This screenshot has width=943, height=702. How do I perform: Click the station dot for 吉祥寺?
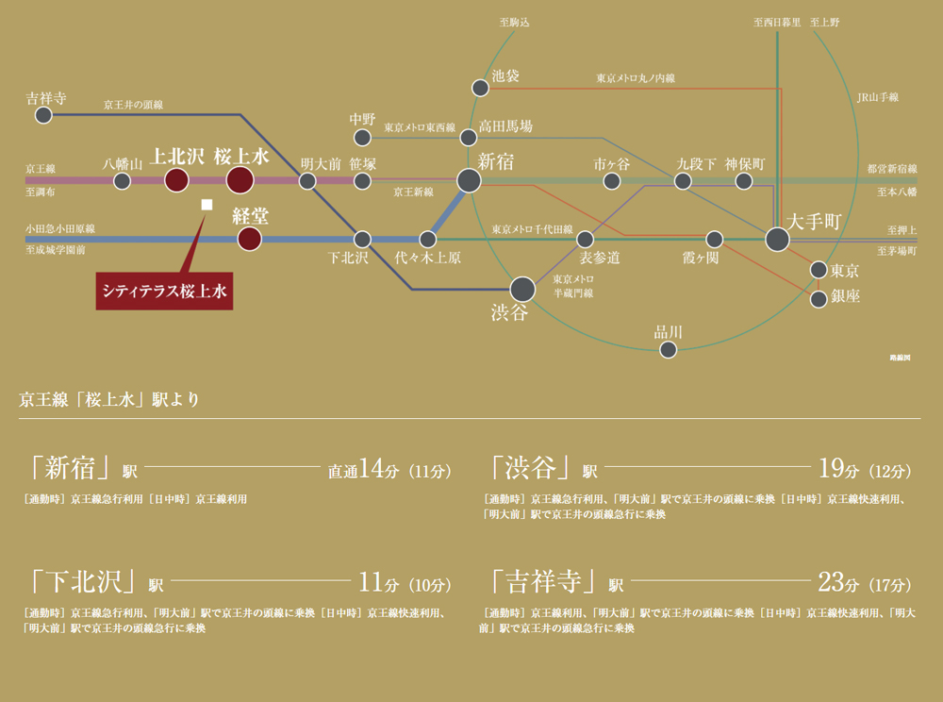pos(43,115)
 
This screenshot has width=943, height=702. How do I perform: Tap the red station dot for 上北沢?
pos(176,180)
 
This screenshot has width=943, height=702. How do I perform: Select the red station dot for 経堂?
pos(250,239)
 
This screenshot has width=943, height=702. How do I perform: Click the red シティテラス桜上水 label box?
pos(164,292)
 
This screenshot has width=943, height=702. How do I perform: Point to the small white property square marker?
pos(207,205)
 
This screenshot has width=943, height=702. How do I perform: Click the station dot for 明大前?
pos(307,180)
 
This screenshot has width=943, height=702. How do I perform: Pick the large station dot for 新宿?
pos(469,180)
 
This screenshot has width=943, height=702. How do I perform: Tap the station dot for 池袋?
pos(480,88)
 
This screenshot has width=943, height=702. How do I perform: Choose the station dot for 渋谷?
pos(522,290)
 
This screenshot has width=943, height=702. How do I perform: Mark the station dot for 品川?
pos(669,349)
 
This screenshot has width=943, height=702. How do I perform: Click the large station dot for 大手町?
pos(777,240)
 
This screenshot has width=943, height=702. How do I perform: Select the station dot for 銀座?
pos(819,299)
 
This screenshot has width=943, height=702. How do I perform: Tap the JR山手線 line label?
pos(877,97)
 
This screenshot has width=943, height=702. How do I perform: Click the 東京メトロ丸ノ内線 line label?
pos(636,78)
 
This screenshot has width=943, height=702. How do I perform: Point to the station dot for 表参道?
pos(585,240)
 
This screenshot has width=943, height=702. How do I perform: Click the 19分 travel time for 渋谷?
pos(838,468)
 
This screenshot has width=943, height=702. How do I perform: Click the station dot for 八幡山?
pos(122,180)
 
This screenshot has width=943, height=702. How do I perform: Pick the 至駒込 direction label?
pos(514,23)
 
